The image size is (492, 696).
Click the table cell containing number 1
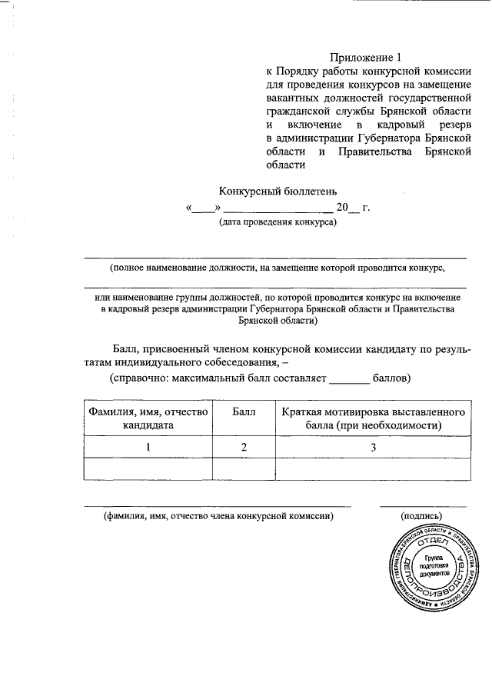pyautogui.click(x=147, y=447)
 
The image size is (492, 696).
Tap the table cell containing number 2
pyautogui.click(x=244, y=447)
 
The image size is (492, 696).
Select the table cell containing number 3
pyautogui.click(x=371, y=447)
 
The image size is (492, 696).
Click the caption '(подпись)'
pyautogui.click(x=422, y=517)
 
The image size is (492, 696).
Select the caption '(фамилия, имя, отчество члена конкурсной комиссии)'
pyautogui.click(x=218, y=517)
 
